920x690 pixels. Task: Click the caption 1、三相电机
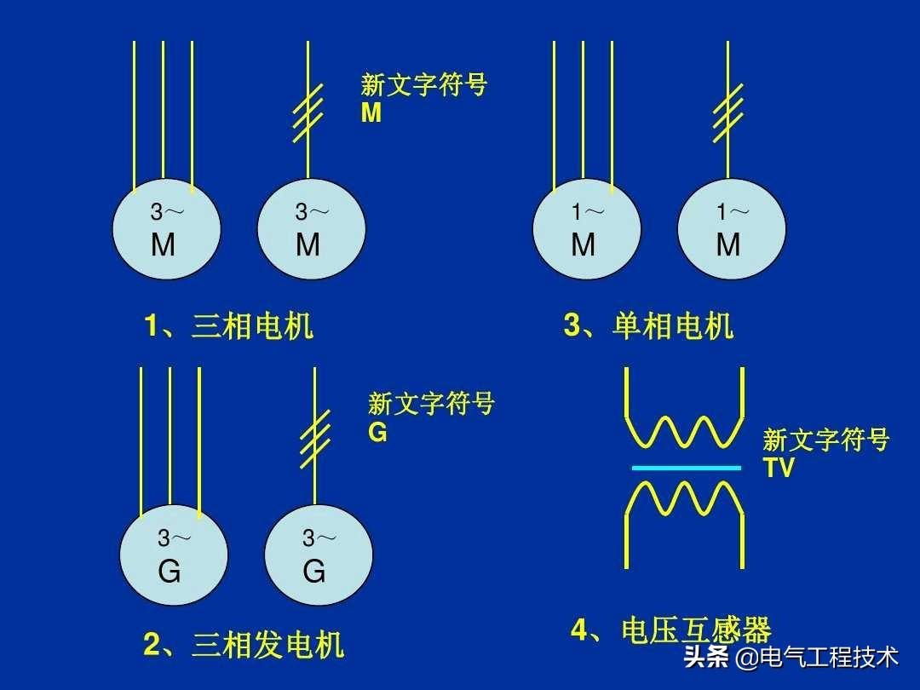228,326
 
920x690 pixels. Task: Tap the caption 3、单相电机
648,326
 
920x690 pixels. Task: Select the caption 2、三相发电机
244,645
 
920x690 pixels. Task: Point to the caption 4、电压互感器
670,631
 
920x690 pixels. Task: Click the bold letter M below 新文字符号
371,113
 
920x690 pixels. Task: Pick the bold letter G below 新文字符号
377,433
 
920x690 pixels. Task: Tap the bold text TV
779,468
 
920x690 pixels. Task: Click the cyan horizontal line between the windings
686,468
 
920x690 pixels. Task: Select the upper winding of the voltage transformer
685,430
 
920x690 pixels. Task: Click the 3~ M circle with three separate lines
167,228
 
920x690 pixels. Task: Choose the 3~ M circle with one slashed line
311,228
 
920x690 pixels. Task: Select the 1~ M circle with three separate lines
586,228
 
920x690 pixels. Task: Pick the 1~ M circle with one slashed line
731,228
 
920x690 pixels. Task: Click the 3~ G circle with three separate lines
174,555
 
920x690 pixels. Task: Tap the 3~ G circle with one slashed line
318,555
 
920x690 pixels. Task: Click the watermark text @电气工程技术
817,658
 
